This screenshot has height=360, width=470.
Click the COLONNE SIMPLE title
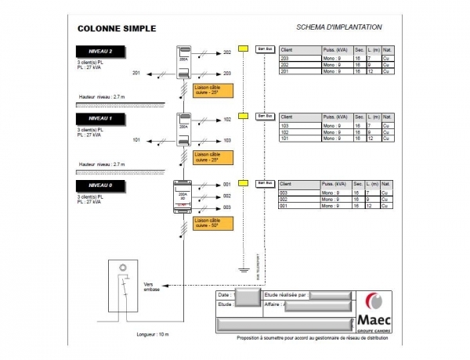pos(117,28)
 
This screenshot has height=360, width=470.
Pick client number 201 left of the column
pos(137,73)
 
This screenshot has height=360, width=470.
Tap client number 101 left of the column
pos(137,139)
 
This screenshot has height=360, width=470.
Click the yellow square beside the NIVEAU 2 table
pos(244,49)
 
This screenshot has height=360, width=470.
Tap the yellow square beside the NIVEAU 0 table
pos(244,183)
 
